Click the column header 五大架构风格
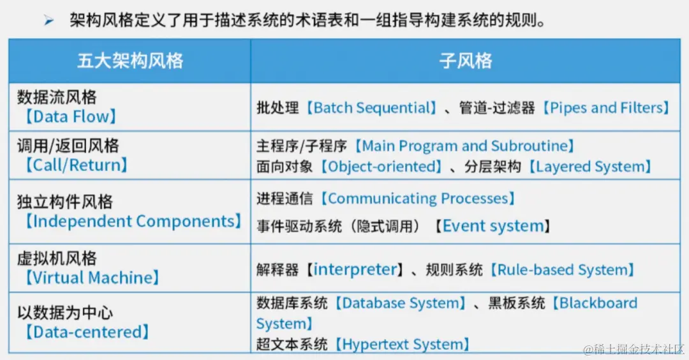[x=130, y=61]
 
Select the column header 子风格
[x=466, y=61]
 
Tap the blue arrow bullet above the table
[x=49, y=22]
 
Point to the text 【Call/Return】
[x=76, y=165]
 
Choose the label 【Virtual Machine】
[x=91, y=278]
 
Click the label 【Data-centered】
[x=86, y=332]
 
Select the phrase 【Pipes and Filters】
[x=605, y=108]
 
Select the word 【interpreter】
[x=355, y=270]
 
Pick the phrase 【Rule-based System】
[x=561, y=270]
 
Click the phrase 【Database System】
[x=398, y=303]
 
